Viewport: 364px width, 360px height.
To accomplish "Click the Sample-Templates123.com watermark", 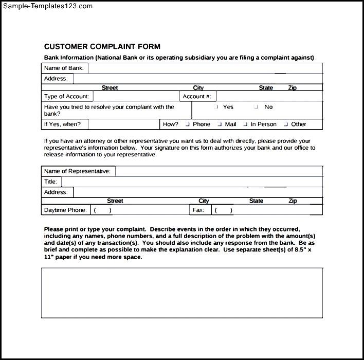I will pos(47,6).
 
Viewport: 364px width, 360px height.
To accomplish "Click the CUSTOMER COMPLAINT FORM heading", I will pos(102,46).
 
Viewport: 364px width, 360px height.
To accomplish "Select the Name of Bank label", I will pos(64,68).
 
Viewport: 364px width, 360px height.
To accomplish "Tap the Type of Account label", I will pos(66,96).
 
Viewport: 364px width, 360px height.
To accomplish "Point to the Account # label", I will pos(196,96).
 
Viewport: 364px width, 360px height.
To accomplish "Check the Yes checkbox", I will pos(216,107).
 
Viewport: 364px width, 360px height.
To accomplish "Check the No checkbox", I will pos(256,107).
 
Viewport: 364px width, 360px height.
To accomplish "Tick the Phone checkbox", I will pos(188,124).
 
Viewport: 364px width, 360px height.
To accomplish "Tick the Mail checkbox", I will pos(220,124).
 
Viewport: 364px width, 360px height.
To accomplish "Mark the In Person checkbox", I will pos(245,124).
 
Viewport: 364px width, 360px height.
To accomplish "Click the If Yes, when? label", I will pos(63,124).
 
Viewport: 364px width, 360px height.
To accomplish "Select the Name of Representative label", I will pos(77,171).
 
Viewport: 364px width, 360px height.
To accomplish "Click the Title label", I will pos(50,182).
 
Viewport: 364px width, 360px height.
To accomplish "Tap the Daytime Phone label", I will pos(65,210).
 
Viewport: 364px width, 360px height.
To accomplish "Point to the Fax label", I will pos(198,210).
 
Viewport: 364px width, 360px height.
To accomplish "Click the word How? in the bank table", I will pos(170,124).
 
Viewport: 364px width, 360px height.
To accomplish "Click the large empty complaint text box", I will pos(182,292).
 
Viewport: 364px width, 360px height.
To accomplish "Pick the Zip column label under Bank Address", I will pos(292,88).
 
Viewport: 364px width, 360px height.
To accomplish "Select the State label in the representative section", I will pos(256,201).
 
